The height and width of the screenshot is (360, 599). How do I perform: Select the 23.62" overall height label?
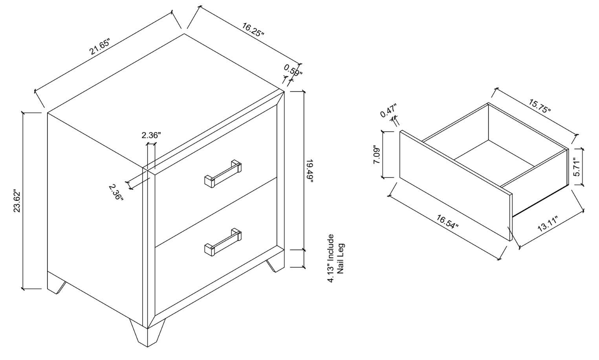pyautogui.click(x=17, y=201)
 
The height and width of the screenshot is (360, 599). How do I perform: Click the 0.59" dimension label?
pyautogui.click(x=293, y=71)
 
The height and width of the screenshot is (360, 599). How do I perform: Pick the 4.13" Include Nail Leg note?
pyautogui.click(x=336, y=258)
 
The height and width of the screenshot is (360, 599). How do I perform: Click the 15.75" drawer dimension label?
pyautogui.click(x=540, y=106)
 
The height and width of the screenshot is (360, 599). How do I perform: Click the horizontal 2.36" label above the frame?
pyautogui.click(x=151, y=135)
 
